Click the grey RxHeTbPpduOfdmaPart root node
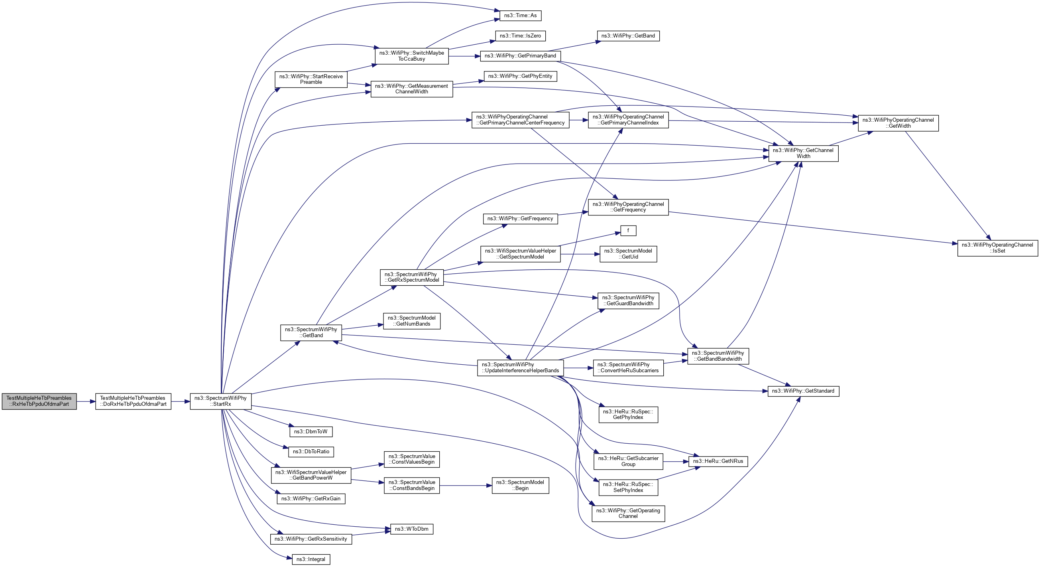(39, 401)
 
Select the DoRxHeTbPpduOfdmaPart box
(133, 401)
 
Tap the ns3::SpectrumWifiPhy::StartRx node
(220, 401)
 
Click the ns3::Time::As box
(521, 15)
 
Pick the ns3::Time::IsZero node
(521, 36)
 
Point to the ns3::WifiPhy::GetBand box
(628, 36)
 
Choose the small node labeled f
(628, 231)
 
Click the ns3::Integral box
(311, 559)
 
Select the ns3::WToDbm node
(412, 529)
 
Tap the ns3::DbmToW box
(311, 432)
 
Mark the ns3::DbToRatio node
(311, 452)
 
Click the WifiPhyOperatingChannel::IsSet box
(998, 248)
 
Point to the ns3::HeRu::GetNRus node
(718, 461)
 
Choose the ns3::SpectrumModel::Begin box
(521, 485)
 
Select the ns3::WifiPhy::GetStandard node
(803, 391)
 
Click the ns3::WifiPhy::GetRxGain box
(311, 499)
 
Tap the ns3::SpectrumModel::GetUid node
(628, 254)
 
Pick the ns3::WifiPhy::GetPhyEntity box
(521, 76)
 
